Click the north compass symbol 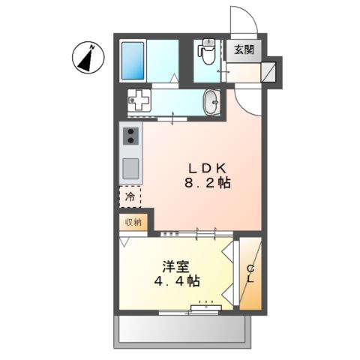click(88, 58)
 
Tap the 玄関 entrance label click(244, 50)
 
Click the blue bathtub click(133, 61)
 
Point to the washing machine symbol click(139, 100)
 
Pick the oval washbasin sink click(211, 102)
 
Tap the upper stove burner click(130, 132)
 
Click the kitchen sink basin click(130, 168)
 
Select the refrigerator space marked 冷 click(130, 196)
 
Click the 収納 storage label click(133, 222)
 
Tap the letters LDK click(207, 169)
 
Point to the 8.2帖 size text click(208, 183)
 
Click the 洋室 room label click(175, 267)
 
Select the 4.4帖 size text click(177, 281)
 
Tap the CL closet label click(250, 274)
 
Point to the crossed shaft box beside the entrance click(268, 72)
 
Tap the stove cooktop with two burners click(130, 136)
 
